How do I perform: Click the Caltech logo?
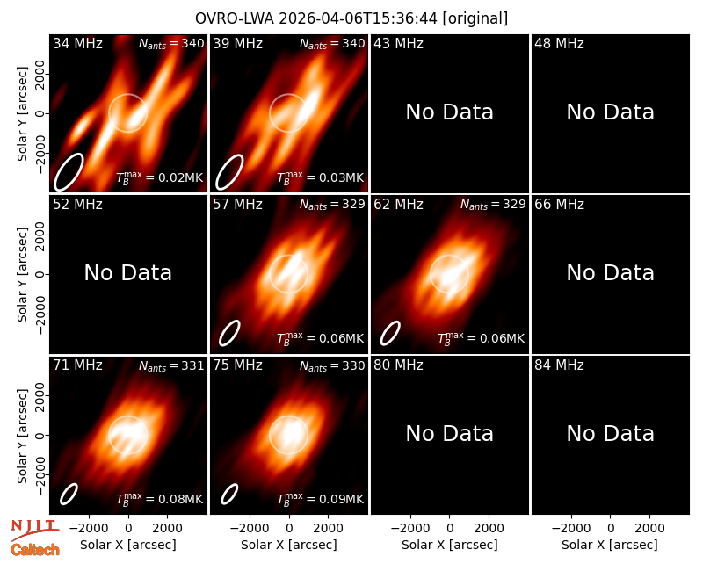pyautogui.click(x=35, y=550)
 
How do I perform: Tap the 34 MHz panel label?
pyautogui.click(x=77, y=43)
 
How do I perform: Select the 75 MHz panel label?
pyautogui.click(x=237, y=365)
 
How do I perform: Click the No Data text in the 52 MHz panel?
pyautogui.click(x=128, y=272)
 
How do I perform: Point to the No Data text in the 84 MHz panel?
pyautogui.click(x=610, y=433)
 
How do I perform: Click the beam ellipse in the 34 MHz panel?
pyautogui.click(x=69, y=171)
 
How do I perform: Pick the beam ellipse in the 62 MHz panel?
pyautogui.click(x=390, y=334)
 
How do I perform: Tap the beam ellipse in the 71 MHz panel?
pyautogui.click(x=69, y=494)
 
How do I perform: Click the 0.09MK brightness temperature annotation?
pyautogui.click(x=320, y=498)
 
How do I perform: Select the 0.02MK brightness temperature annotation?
pyautogui.click(x=160, y=177)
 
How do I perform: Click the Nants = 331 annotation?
pyautogui.click(x=171, y=365)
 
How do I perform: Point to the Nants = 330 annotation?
pyautogui.click(x=332, y=365)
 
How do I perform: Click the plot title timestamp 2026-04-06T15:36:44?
pyautogui.click(x=359, y=18)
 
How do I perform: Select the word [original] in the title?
pyautogui.click(x=475, y=18)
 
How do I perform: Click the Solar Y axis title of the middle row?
pyautogui.click(x=22, y=274)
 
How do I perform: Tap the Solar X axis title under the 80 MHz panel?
pyautogui.click(x=450, y=545)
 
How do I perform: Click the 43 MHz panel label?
pyautogui.click(x=399, y=43)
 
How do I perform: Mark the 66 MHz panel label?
pyautogui.click(x=559, y=205)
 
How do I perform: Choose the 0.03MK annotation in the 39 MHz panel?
pyautogui.click(x=320, y=177)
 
